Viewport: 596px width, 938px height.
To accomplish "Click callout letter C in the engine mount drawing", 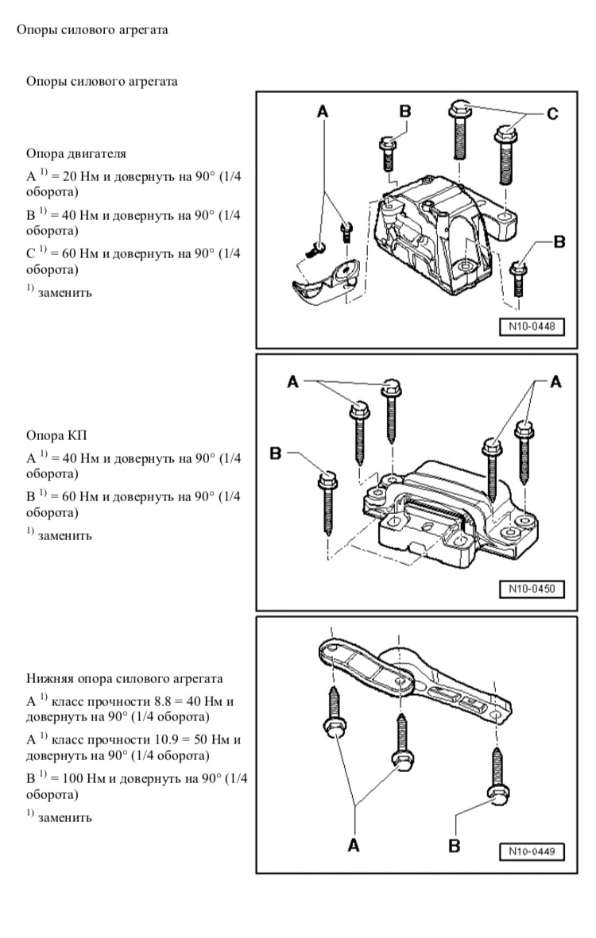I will pos(551,114).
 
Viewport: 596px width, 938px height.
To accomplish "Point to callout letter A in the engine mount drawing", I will pos(322,113).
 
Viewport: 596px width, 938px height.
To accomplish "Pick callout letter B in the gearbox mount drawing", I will pos(277,454).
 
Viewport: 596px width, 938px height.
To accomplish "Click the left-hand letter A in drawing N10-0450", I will pos(292,382).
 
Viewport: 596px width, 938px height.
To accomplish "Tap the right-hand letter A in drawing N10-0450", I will pos(555,382).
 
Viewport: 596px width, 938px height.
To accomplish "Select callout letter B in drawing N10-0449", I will pos(454,847).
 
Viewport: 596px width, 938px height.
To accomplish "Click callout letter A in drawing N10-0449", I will pos(354,847).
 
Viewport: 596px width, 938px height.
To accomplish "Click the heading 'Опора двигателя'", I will pos(76,153).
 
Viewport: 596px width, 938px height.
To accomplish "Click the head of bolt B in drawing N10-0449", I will pos(499,795).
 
